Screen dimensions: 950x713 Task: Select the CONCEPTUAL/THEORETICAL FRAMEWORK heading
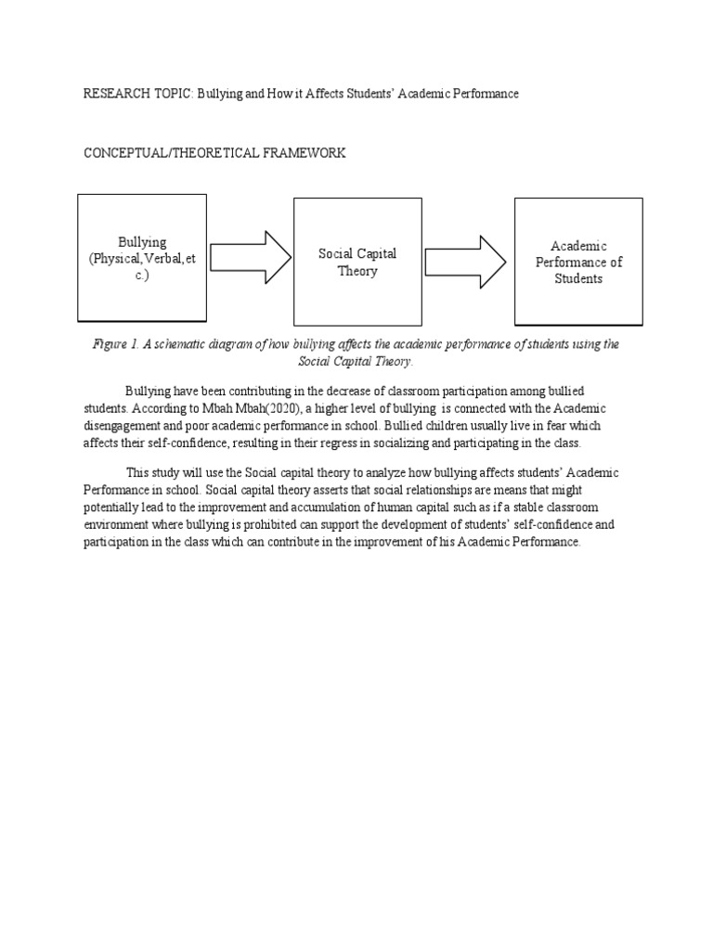(x=215, y=153)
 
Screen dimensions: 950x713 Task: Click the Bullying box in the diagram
(x=141, y=257)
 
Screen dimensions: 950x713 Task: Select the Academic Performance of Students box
(x=578, y=262)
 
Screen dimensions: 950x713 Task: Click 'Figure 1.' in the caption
(x=115, y=344)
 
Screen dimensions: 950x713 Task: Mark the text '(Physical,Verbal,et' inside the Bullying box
(x=142, y=259)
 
